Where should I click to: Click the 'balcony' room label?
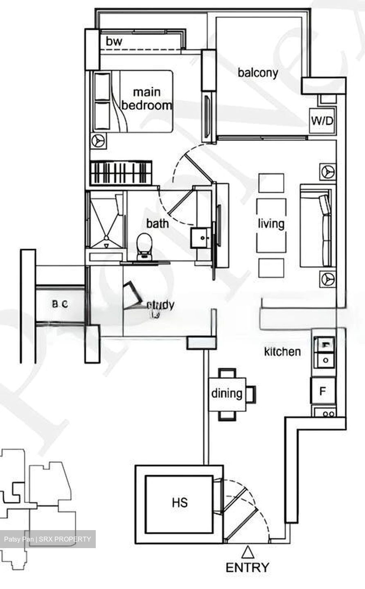(258, 73)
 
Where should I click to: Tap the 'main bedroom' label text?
(146, 99)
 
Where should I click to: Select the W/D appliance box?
(322, 121)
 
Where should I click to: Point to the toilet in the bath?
(143, 245)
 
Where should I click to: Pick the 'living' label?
(271, 224)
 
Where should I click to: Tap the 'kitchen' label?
(282, 351)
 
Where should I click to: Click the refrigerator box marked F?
(323, 391)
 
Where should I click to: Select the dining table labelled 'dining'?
(227, 393)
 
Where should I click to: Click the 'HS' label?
(180, 502)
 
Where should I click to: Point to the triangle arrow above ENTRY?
(247, 553)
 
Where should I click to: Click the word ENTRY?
(248, 568)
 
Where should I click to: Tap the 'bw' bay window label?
(114, 41)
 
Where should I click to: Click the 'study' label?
(160, 305)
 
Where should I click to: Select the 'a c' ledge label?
(60, 304)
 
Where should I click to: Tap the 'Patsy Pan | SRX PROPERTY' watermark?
(47, 539)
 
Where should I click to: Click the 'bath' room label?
(158, 223)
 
